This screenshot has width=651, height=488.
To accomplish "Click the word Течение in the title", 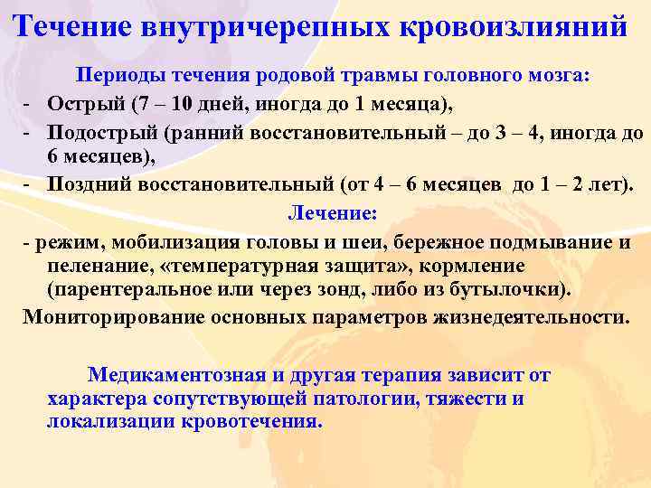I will click(x=71, y=25).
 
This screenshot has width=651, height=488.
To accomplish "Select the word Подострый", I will click(x=103, y=134).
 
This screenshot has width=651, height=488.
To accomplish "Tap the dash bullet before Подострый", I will click(x=29, y=134).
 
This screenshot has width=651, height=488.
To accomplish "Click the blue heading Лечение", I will click(x=331, y=213).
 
